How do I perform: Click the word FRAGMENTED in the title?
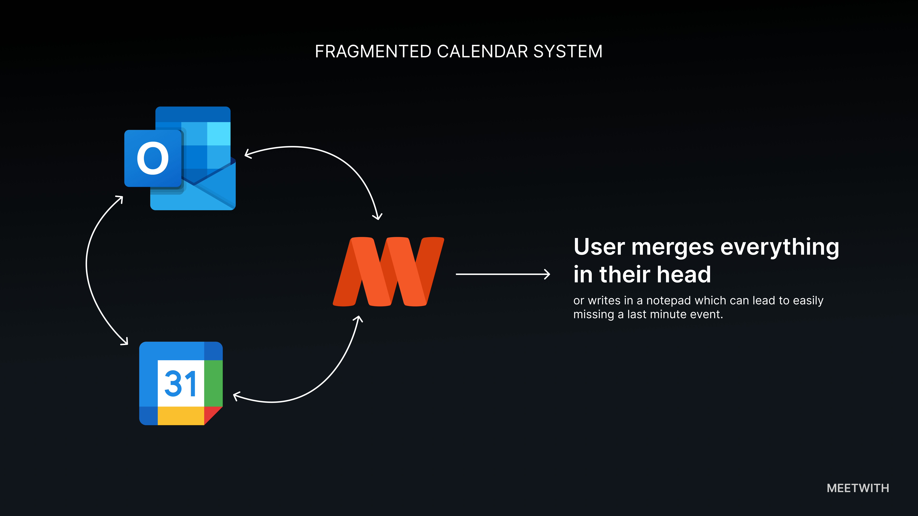[x=373, y=52]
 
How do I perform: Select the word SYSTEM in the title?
[x=568, y=52]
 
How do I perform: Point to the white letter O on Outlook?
[x=153, y=159]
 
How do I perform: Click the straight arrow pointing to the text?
[x=503, y=274]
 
